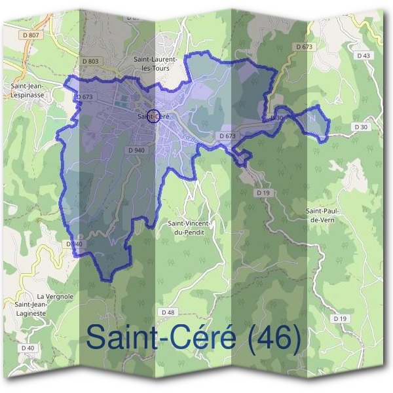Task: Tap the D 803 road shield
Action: pyautogui.click(x=90, y=61)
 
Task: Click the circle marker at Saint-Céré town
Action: pyautogui.click(x=153, y=116)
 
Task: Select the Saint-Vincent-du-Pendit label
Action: pyautogui.click(x=189, y=227)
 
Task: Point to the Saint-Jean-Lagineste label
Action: pyautogui.click(x=39, y=308)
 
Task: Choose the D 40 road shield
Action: pyautogui.click(x=28, y=347)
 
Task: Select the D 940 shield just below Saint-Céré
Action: pyautogui.click(x=136, y=150)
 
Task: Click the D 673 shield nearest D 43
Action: pyautogui.click(x=303, y=47)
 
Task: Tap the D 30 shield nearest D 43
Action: pyautogui.click(x=361, y=126)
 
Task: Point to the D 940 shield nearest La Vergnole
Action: pyautogui.click(x=75, y=244)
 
